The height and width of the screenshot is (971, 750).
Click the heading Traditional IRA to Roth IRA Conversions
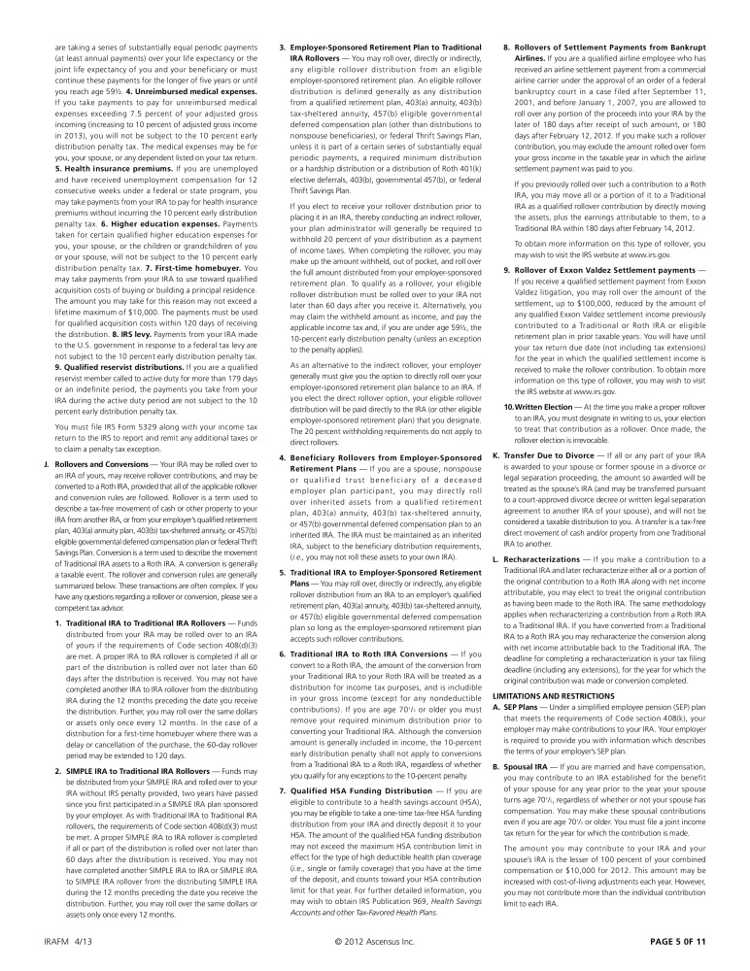(x=365, y=628)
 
